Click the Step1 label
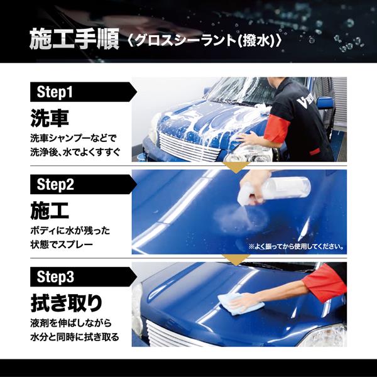click(55, 92)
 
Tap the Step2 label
click(55, 184)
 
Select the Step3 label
click(55, 276)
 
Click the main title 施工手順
click(74, 39)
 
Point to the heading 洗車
click(50, 118)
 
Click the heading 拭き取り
click(67, 303)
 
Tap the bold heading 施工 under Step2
click(50, 210)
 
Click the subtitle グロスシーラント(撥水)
click(205, 40)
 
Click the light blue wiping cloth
click(231, 303)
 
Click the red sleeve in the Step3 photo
click(325, 280)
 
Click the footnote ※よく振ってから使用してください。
click(296, 246)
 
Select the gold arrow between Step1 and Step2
click(237, 167)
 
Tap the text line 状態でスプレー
click(62, 244)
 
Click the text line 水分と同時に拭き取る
click(75, 337)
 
